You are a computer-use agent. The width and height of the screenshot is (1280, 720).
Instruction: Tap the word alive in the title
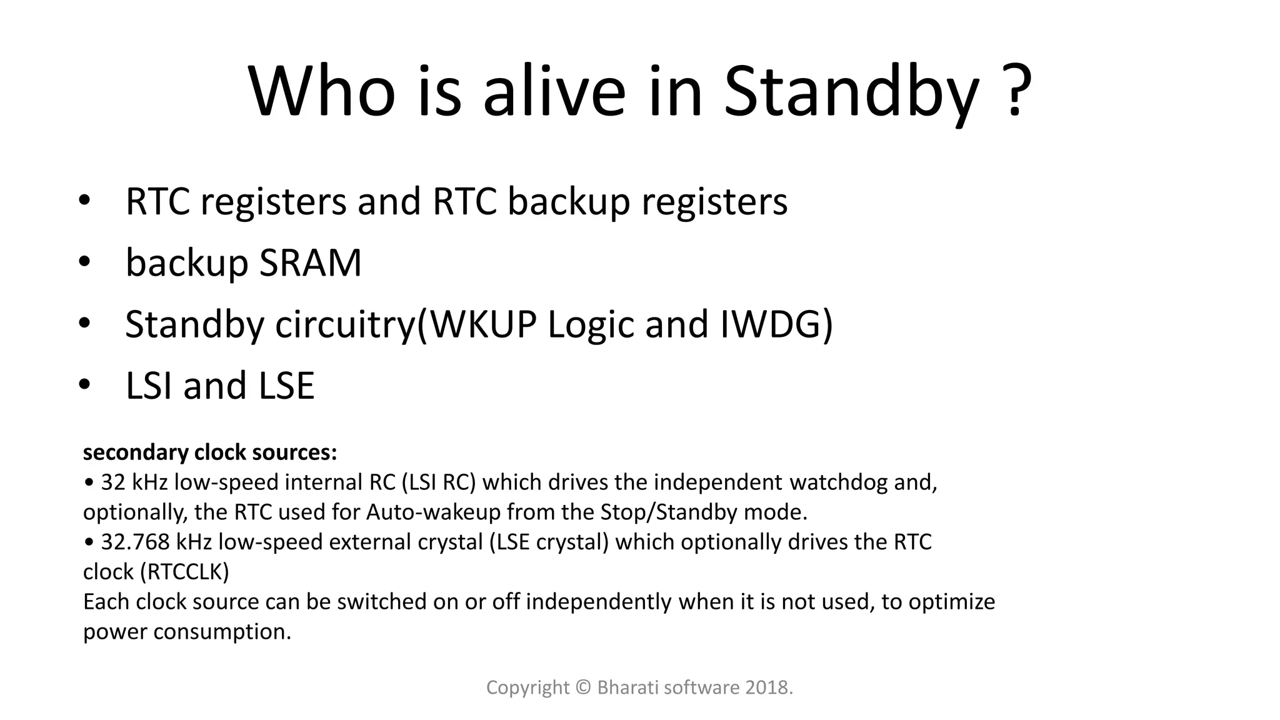(x=554, y=92)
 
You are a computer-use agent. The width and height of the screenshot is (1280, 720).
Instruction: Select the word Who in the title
(x=322, y=92)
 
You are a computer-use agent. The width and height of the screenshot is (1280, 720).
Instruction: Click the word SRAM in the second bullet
(x=311, y=262)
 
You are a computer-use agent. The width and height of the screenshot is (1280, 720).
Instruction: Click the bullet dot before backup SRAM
(x=84, y=262)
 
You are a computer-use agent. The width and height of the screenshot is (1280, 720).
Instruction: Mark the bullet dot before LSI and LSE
(x=84, y=384)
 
